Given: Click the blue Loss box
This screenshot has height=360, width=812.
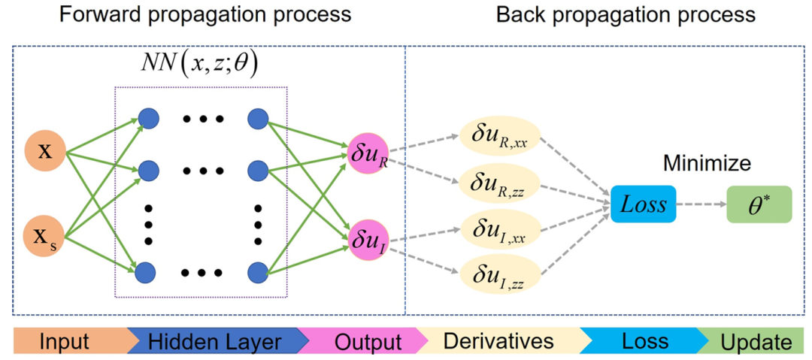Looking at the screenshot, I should pos(643,204).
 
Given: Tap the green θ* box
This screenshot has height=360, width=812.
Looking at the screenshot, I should pos(759,204).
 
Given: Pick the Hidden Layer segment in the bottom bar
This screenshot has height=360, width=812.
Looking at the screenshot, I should pos(214,342).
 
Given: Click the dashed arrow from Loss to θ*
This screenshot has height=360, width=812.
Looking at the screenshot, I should pos(701,204).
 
